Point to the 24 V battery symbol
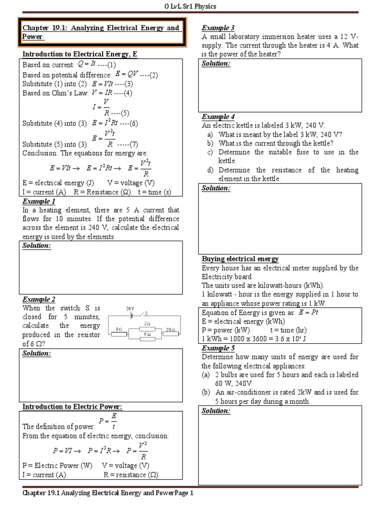click(x=131, y=314)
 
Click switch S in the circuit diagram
click(x=143, y=314)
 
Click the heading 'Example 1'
click(x=39, y=201)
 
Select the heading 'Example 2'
click(x=39, y=299)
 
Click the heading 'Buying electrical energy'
click(x=240, y=259)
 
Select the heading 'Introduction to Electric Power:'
click(x=72, y=407)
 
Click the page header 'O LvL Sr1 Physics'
click(x=190, y=6)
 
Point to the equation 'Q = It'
click(x=86, y=64)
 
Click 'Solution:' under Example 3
click(x=216, y=63)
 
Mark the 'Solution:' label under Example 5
click(x=216, y=411)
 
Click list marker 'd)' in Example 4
click(x=210, y=170)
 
